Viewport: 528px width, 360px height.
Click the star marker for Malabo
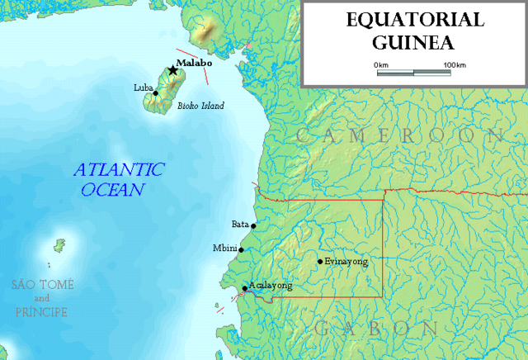[172, 70]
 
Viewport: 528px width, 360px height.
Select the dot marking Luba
[155, 92]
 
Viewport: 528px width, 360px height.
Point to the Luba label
[143, 87]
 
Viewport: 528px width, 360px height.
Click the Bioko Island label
[200, 106]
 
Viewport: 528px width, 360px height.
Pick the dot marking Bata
[253, 225]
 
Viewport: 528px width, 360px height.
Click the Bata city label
[240, 223]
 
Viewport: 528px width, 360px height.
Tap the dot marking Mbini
[241, 249]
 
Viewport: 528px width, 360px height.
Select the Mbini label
[224, 248]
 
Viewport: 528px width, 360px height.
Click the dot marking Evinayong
[320, 262]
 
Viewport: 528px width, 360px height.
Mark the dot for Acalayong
[244, 289]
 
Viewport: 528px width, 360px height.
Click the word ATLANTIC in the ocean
[120, 170]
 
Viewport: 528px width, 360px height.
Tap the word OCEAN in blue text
[113, 190]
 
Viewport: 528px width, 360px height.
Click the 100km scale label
[455, 64]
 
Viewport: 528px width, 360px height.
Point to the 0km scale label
[381, 64]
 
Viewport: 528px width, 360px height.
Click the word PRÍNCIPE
[41, 312]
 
